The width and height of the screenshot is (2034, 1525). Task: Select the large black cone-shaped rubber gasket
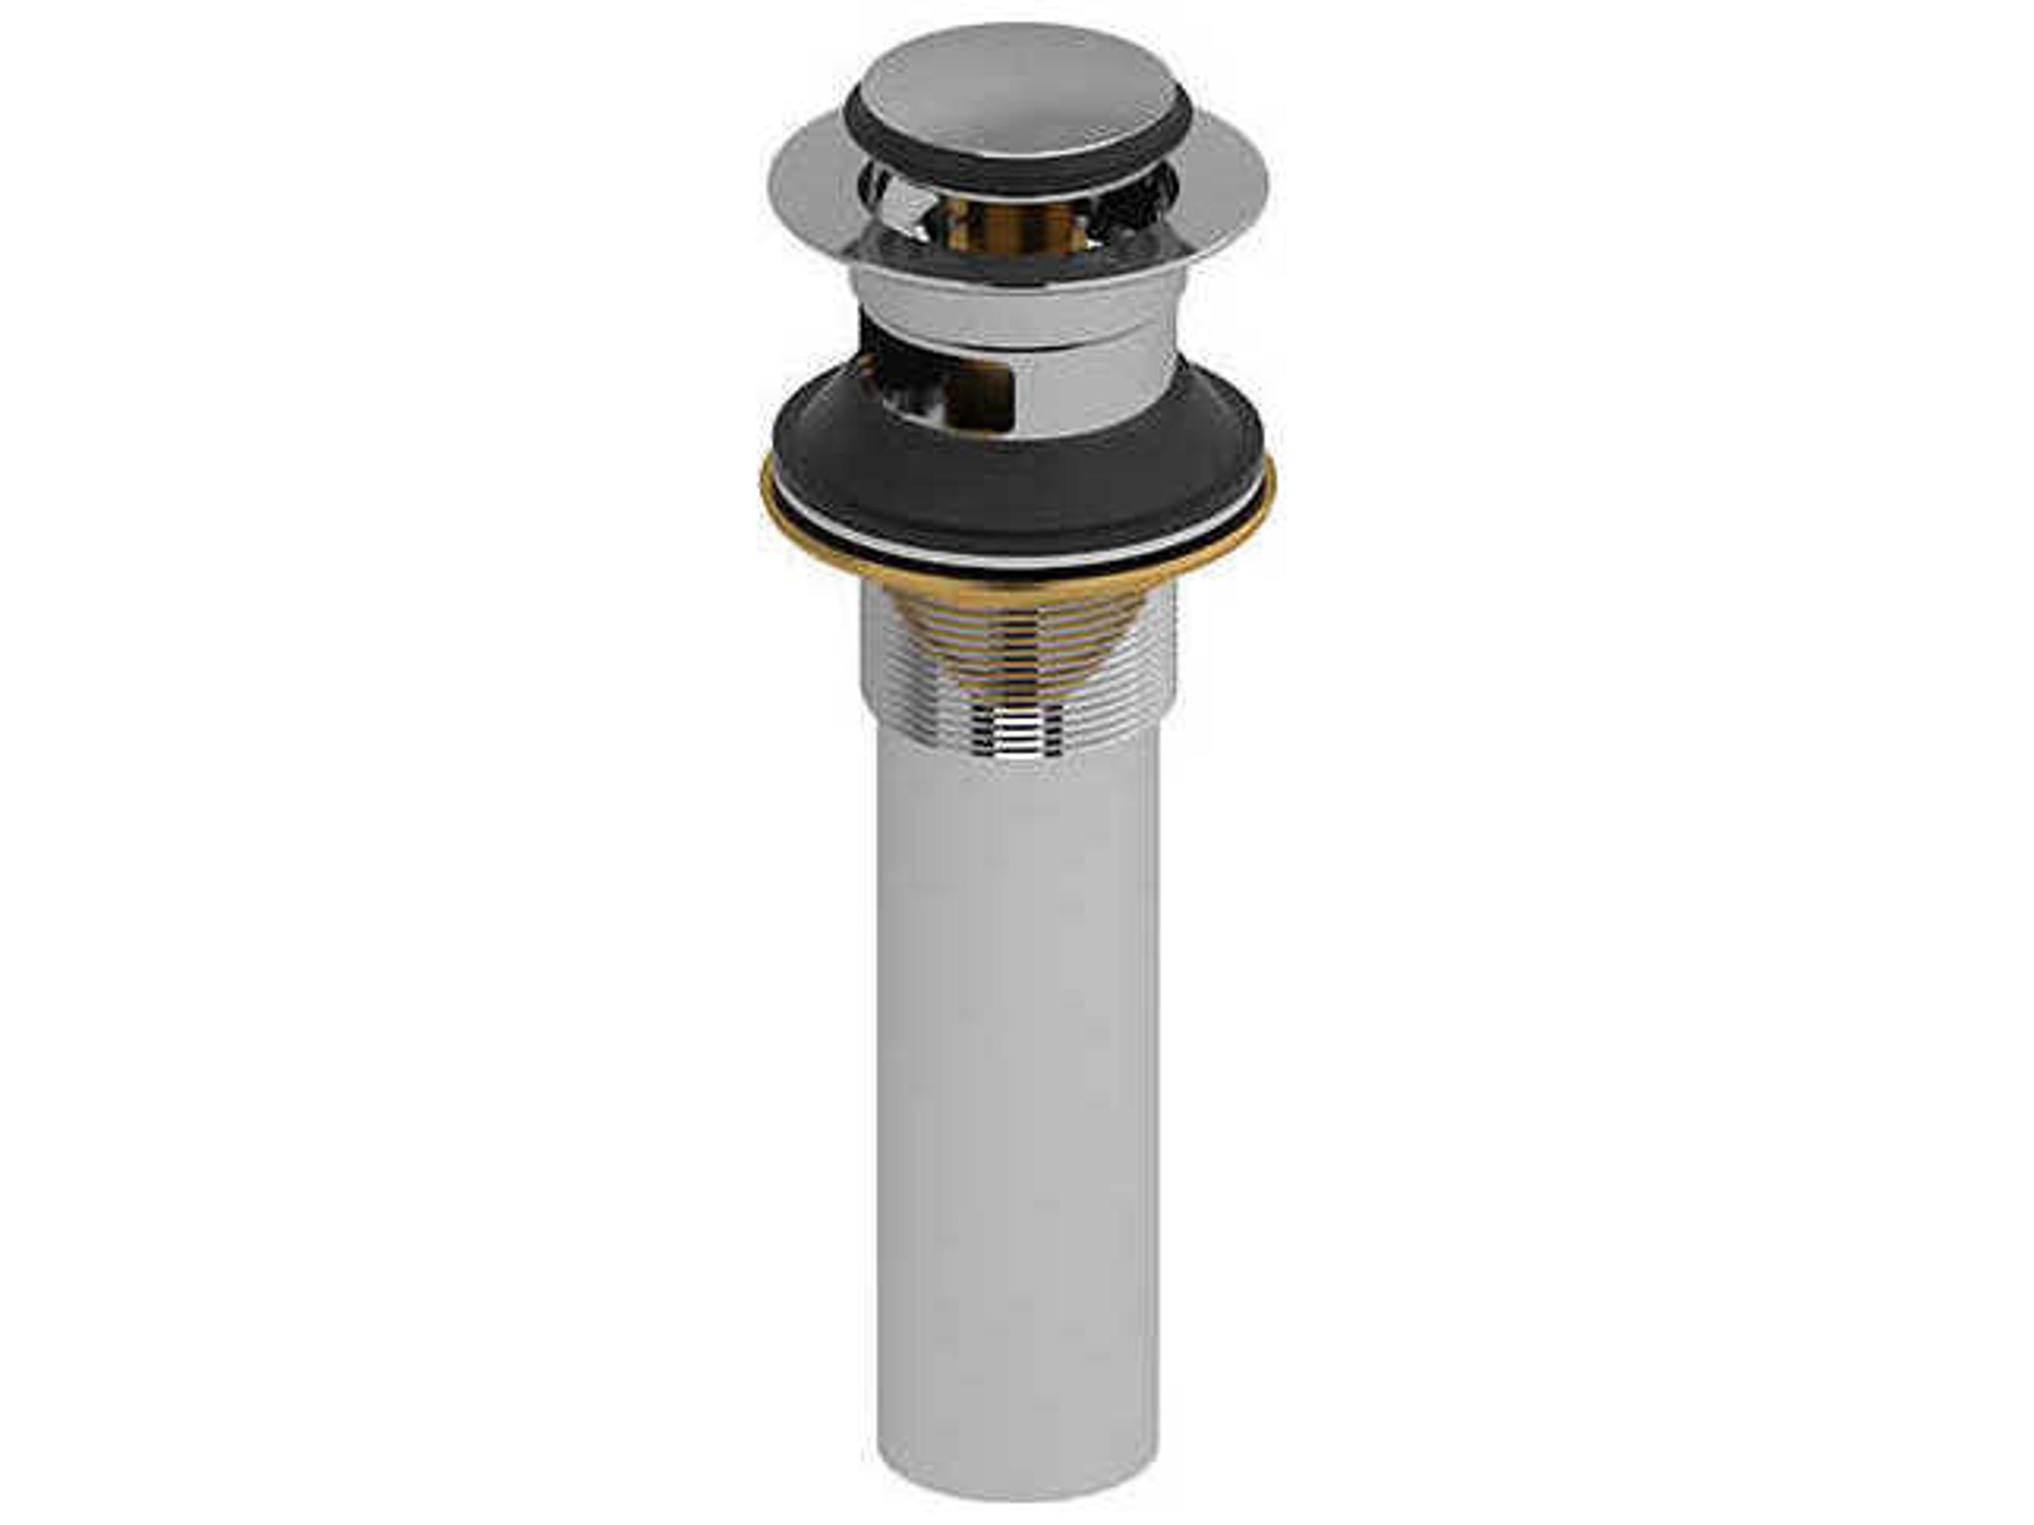click(x=1016, y=487)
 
